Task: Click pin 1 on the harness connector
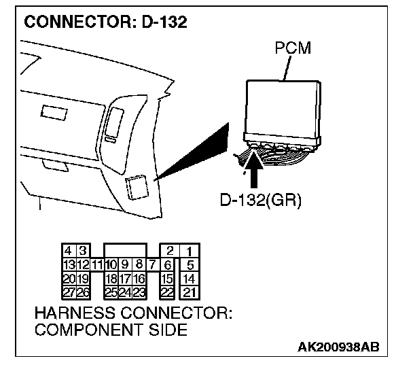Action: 190,252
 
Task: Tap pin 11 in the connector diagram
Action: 97,264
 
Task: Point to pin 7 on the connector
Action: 153,264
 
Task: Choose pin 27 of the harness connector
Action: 69,292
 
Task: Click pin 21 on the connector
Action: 190,292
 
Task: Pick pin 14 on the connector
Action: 190,279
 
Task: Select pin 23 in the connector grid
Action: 139,292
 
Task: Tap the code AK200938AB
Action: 338,347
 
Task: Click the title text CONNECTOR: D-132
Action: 105,22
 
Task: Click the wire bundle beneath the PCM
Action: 272,153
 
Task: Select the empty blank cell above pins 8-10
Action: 125,251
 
